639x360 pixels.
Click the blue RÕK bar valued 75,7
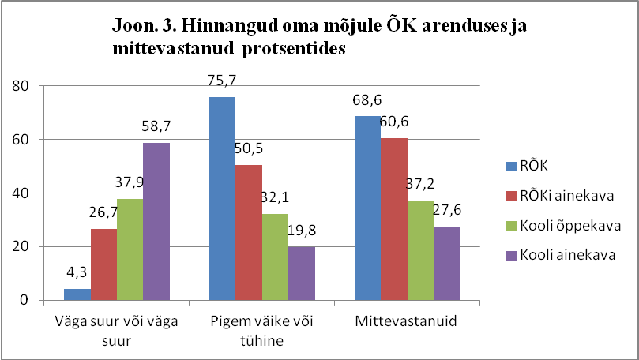tap(223, 198)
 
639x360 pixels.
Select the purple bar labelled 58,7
tap(156, 221)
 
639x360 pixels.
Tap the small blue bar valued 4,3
tap(77, 294)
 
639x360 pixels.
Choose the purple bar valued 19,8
tap(301, 273)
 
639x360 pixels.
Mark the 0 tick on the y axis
tap(25, 300)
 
